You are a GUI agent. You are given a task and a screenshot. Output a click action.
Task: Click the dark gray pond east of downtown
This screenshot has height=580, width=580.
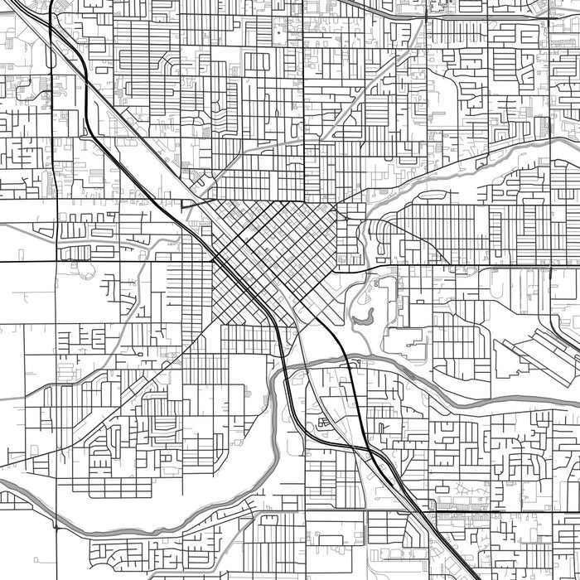363,317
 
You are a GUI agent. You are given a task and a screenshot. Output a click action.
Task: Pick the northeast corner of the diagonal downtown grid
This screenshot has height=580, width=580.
336,203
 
